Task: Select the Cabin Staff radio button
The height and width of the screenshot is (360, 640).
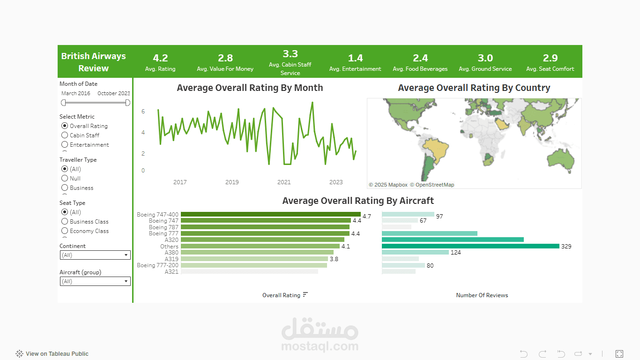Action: coord(65,135)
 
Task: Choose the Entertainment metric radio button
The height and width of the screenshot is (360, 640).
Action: coord(65,145)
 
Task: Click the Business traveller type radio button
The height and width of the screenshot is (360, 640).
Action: coord(65,188)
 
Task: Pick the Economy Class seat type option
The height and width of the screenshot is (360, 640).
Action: coord(65,231)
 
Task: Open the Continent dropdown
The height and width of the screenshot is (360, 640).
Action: coord(95,255)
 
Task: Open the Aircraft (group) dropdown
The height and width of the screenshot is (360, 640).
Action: coord(95,281)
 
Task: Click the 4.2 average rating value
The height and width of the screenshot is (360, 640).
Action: coord(160,58)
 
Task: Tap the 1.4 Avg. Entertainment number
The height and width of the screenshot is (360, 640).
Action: coord(355,58)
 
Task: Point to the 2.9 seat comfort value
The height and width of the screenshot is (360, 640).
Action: coord(550,58)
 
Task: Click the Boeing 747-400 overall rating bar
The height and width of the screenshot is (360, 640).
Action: coord(271,214)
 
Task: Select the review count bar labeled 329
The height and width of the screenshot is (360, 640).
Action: coord(470,246)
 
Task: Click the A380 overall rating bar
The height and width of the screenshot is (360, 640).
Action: coord(257,253)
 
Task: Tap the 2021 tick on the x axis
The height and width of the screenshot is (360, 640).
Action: coord(284,182)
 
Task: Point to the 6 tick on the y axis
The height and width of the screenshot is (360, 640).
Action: coord(143,112)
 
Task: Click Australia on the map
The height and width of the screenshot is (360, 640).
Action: coord(560,159)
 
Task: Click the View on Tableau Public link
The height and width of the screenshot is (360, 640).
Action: coord(52,354)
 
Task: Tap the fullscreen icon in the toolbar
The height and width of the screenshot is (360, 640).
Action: coord(619,354)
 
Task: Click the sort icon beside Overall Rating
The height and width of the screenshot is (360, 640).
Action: coord(305,294)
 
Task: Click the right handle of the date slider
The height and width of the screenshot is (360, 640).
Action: coord(128,103)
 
